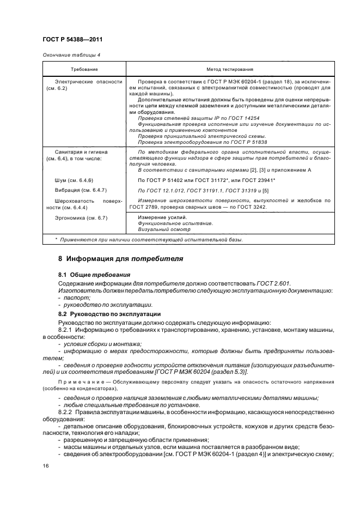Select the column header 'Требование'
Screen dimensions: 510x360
pyautogui.click(x=84, y=70)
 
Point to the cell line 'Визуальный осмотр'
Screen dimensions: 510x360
pyautogui.click(x=163, y=229)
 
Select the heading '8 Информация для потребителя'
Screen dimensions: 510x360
pyautogui.click(x=120, y=258)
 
